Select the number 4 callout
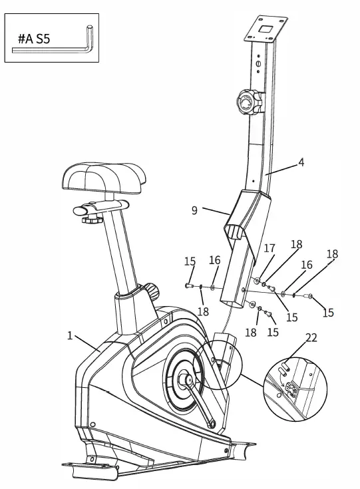301,162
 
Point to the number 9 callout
194,210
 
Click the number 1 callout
70,335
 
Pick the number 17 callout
270,248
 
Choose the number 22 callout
311,337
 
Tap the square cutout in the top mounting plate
265,29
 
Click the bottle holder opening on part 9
237,234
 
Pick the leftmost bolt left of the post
189,285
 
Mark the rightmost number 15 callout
328,313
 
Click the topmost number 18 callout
296,245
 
